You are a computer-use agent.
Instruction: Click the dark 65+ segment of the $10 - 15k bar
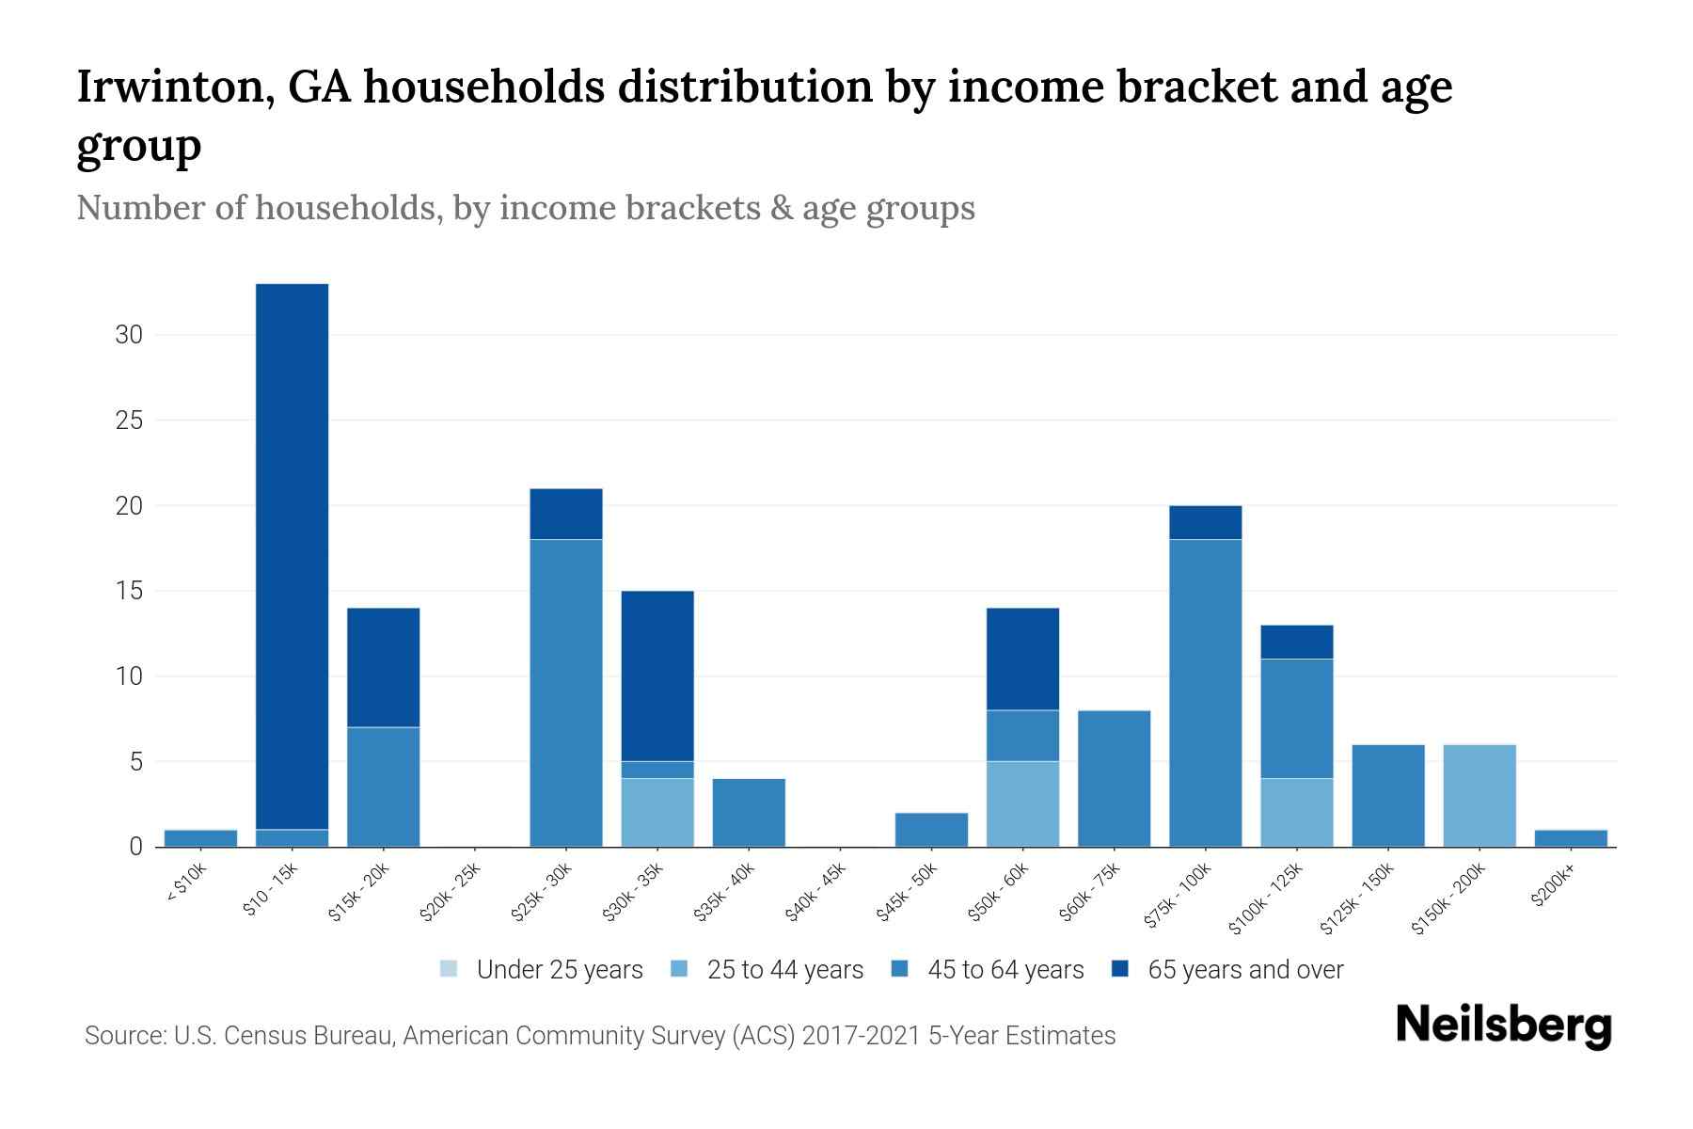(x=292, y=555)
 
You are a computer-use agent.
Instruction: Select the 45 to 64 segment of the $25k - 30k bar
(x=566, y=692)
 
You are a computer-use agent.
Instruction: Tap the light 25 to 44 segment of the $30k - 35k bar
(x=657, y=812)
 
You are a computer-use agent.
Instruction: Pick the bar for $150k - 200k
(x=1479, y=795)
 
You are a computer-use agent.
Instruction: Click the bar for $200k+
(x=1571, y=837)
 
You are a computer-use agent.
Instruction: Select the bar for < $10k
(x=200, y=837)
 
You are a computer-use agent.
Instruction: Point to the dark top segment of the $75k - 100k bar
(x=1205, y=522)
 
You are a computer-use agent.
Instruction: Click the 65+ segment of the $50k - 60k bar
(x=1022, y=659)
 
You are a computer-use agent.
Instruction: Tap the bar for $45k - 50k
(x=931, y=829)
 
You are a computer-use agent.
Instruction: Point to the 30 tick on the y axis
(x=129, y=335)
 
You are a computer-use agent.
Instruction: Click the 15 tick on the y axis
(x=129, y=591)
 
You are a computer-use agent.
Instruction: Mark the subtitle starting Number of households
(x=525, y=208)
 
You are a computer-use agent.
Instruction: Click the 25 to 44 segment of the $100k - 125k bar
(x=1296, y=812)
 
